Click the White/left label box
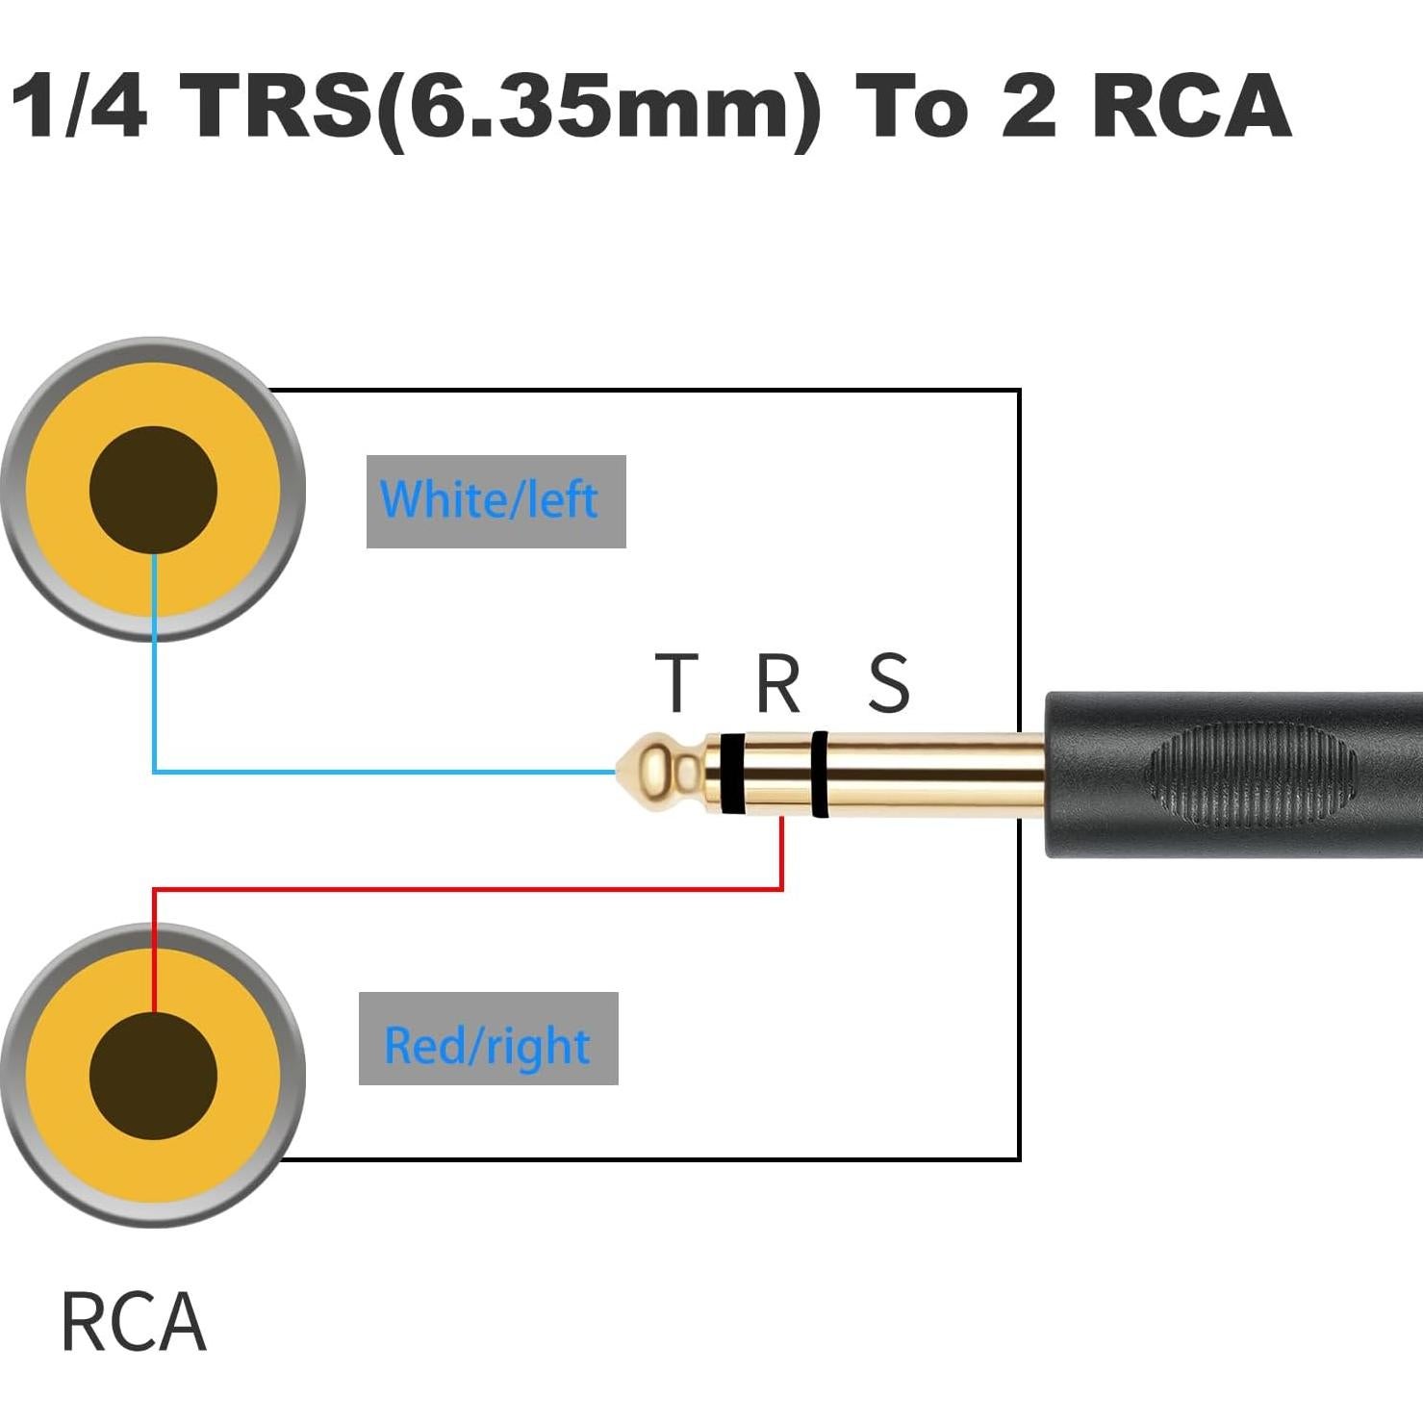click(496, 501)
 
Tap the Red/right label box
click(488, 1038)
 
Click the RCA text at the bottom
click(133, 1323)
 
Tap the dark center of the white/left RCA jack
click(153, 490)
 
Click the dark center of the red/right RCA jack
click(153, 1075)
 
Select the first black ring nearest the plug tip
click(731, 773)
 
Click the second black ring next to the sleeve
click(819, 774)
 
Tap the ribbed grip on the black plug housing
click(1251, 775)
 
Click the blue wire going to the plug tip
click(385, 771)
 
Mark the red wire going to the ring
click(481, 889)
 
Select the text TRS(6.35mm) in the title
click(500, 108)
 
